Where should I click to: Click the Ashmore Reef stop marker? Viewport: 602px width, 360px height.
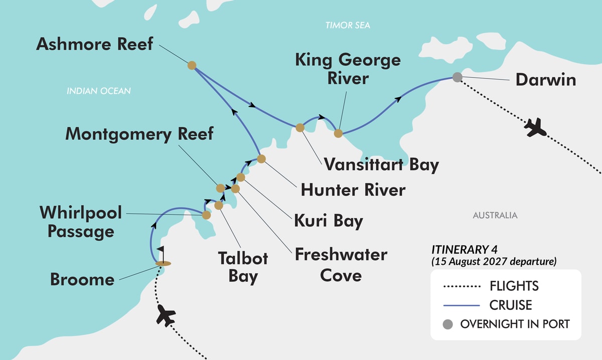point(191,65)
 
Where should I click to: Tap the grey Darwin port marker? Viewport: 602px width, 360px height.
point(457,77)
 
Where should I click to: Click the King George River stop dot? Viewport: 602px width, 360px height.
point(338,133)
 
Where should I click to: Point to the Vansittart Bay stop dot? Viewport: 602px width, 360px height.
point(300,127)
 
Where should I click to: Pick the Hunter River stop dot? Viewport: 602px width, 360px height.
point(261,159)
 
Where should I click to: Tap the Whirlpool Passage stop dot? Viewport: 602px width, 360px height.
point(206,215)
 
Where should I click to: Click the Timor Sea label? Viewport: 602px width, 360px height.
point(348,25)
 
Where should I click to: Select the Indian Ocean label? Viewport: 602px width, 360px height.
point(99,91)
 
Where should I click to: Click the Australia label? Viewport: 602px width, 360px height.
point(495,216)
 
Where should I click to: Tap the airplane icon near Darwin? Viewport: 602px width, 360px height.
point(535,127)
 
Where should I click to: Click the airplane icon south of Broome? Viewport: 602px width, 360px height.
point(166,315)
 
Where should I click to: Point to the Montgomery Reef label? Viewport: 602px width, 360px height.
point(139,134)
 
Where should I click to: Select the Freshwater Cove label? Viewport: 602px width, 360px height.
point(341,264)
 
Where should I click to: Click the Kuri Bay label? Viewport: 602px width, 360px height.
point(329,221)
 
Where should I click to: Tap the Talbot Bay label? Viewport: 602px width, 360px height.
point(243,267)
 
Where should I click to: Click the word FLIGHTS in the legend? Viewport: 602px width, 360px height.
point(514,286)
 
